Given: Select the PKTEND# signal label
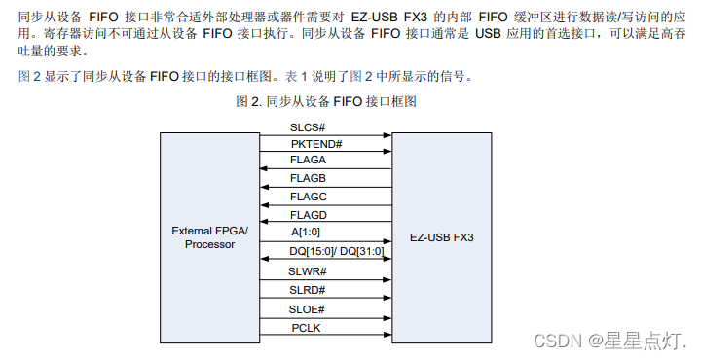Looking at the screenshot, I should tap(316, 144).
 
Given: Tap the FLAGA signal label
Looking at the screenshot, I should tap(308, 161).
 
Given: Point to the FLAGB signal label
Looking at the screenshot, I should tap(308, 178).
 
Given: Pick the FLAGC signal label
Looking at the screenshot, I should tap(308, 197).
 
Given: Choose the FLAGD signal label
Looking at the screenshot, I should tap(308, 214).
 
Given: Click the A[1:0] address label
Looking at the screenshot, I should tap(308, 232).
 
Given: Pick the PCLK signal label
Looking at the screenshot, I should tap(306, 328).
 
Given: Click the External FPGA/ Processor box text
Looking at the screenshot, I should tap(210, 236).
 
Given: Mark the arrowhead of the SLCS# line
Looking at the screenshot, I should tap(387, 135).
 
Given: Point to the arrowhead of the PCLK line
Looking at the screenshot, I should tap(387, 337).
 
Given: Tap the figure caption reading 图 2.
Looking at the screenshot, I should tap(327, 100).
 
